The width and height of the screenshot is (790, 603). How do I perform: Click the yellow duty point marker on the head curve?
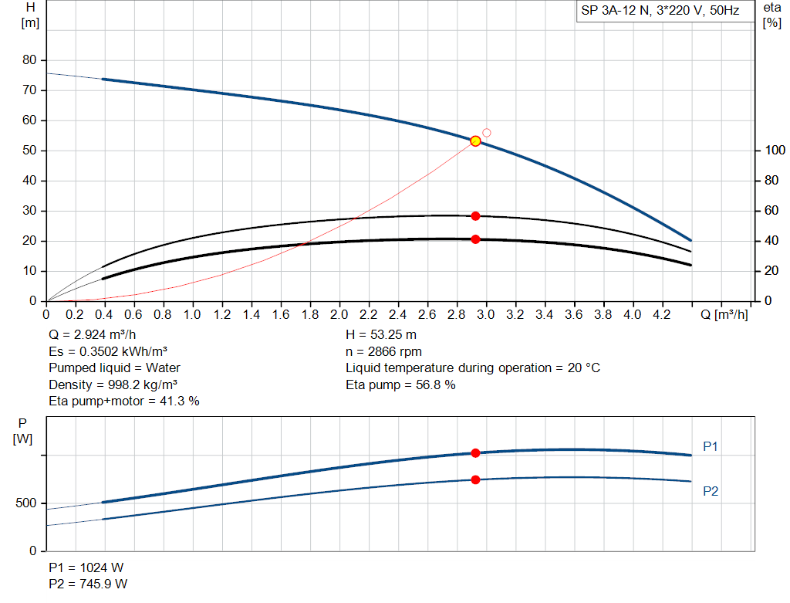click(x=475, y=141)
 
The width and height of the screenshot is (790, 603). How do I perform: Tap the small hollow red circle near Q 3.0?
click(x=487, y=133)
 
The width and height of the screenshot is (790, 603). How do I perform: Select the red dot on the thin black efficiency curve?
click(x=475, y=216)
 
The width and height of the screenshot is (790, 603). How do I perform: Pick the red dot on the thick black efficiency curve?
click(x=475, y=239)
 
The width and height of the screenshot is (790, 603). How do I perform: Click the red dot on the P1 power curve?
click(x=475, y=453)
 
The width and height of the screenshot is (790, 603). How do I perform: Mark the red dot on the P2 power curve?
click(x=475, y=479)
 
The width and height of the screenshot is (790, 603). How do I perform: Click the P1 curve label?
click(x=711, y=446)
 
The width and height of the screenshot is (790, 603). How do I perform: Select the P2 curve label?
click(x=711, y=491)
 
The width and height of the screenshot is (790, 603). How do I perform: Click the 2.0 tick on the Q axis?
click(x=339, y=315)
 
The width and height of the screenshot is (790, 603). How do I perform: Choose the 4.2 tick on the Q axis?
click(x=662, y=315)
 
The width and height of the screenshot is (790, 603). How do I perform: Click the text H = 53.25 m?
click(x=382, y=335)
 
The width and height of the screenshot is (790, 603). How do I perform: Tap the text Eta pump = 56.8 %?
click(x=400, y=384)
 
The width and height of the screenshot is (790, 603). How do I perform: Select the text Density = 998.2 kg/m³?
click(x=108, y=384)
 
